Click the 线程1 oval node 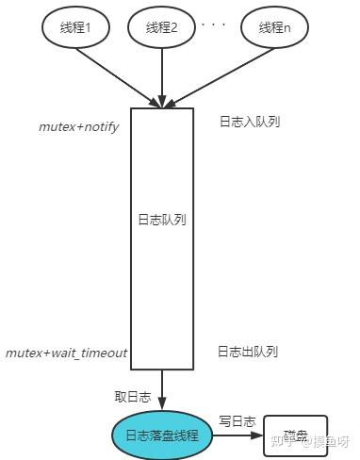pyautogui.click(x=78, y=27)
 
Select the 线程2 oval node pyautogui.click(x=162, y=27)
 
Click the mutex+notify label pyautogui.click(x=79, y=126)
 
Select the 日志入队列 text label pyautogui.click(x=249, y=122)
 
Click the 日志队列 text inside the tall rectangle pyautogui.click(x=162, y=219)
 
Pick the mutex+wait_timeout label pyautogui.click(x=66, y=353)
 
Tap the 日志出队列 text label pyautogui.click(x=248, y=352)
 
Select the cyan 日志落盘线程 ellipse pyautogui.click(x=162, y=435)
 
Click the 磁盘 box pyautogui.click(x=295, y=435)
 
